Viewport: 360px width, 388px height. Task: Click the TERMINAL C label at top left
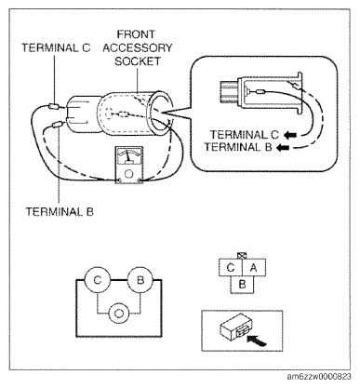point(56,47)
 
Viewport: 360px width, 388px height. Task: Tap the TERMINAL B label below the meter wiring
point(60,212)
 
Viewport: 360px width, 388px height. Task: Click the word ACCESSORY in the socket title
point(138,47)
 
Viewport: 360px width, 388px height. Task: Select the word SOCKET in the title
point(138,61)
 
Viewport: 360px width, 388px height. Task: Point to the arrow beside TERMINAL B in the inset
point(283,147)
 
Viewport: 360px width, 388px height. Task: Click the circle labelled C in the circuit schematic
point(98,280)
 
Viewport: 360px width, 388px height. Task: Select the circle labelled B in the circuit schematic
point(140,280)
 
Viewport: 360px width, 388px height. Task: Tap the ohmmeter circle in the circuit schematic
point(118,314)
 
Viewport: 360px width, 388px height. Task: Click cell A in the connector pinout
point(254,267)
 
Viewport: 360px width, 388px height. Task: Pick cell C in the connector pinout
point(231,267)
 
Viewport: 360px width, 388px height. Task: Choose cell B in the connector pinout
point(242,285)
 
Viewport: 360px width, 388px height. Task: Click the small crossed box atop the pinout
point(241,256)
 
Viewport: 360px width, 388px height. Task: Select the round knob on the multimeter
point(128,174)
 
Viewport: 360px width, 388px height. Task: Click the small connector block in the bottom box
point(235,326)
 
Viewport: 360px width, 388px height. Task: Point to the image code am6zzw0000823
point(319,377)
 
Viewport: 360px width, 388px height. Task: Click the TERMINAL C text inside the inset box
point(245,135)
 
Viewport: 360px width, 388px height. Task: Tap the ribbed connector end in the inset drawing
point(229,92)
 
